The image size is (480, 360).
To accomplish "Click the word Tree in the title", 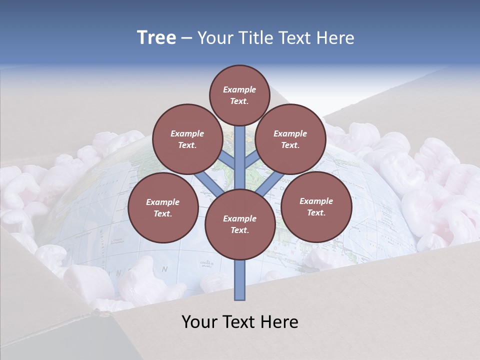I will point(156,38).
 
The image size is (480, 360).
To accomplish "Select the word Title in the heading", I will point(255,38).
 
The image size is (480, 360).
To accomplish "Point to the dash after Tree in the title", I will point(186,38).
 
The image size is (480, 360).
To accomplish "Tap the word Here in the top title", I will point(335,38).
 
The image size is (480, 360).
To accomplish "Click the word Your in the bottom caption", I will point(200,322).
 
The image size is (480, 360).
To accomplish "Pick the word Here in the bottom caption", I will point(279,322).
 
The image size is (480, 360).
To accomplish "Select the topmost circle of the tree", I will point(239,95).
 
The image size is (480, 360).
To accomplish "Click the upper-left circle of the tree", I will point(187,139).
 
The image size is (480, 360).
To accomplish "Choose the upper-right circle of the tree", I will point(290,139).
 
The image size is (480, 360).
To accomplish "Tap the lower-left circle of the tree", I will point(162,207).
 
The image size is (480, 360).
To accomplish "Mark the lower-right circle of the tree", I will point(316,206).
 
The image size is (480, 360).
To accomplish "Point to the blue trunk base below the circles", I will point(239,280).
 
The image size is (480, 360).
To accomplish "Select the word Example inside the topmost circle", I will point(239,89).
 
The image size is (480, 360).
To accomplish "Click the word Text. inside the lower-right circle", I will point(316,212).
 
